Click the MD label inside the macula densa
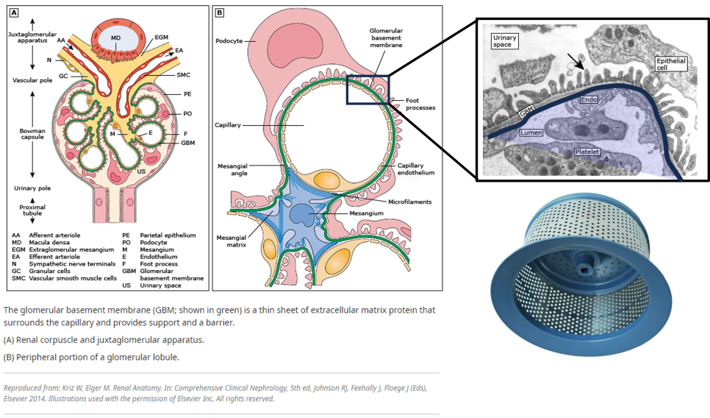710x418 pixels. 115,36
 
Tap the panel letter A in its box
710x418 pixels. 14,13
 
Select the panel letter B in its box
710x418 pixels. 220,13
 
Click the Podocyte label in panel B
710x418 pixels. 231,41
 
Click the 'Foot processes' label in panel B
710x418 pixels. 420,104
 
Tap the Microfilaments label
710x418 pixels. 410,201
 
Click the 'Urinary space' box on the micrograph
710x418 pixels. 505,41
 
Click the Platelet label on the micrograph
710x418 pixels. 587,152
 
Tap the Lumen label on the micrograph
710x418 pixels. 531,132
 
